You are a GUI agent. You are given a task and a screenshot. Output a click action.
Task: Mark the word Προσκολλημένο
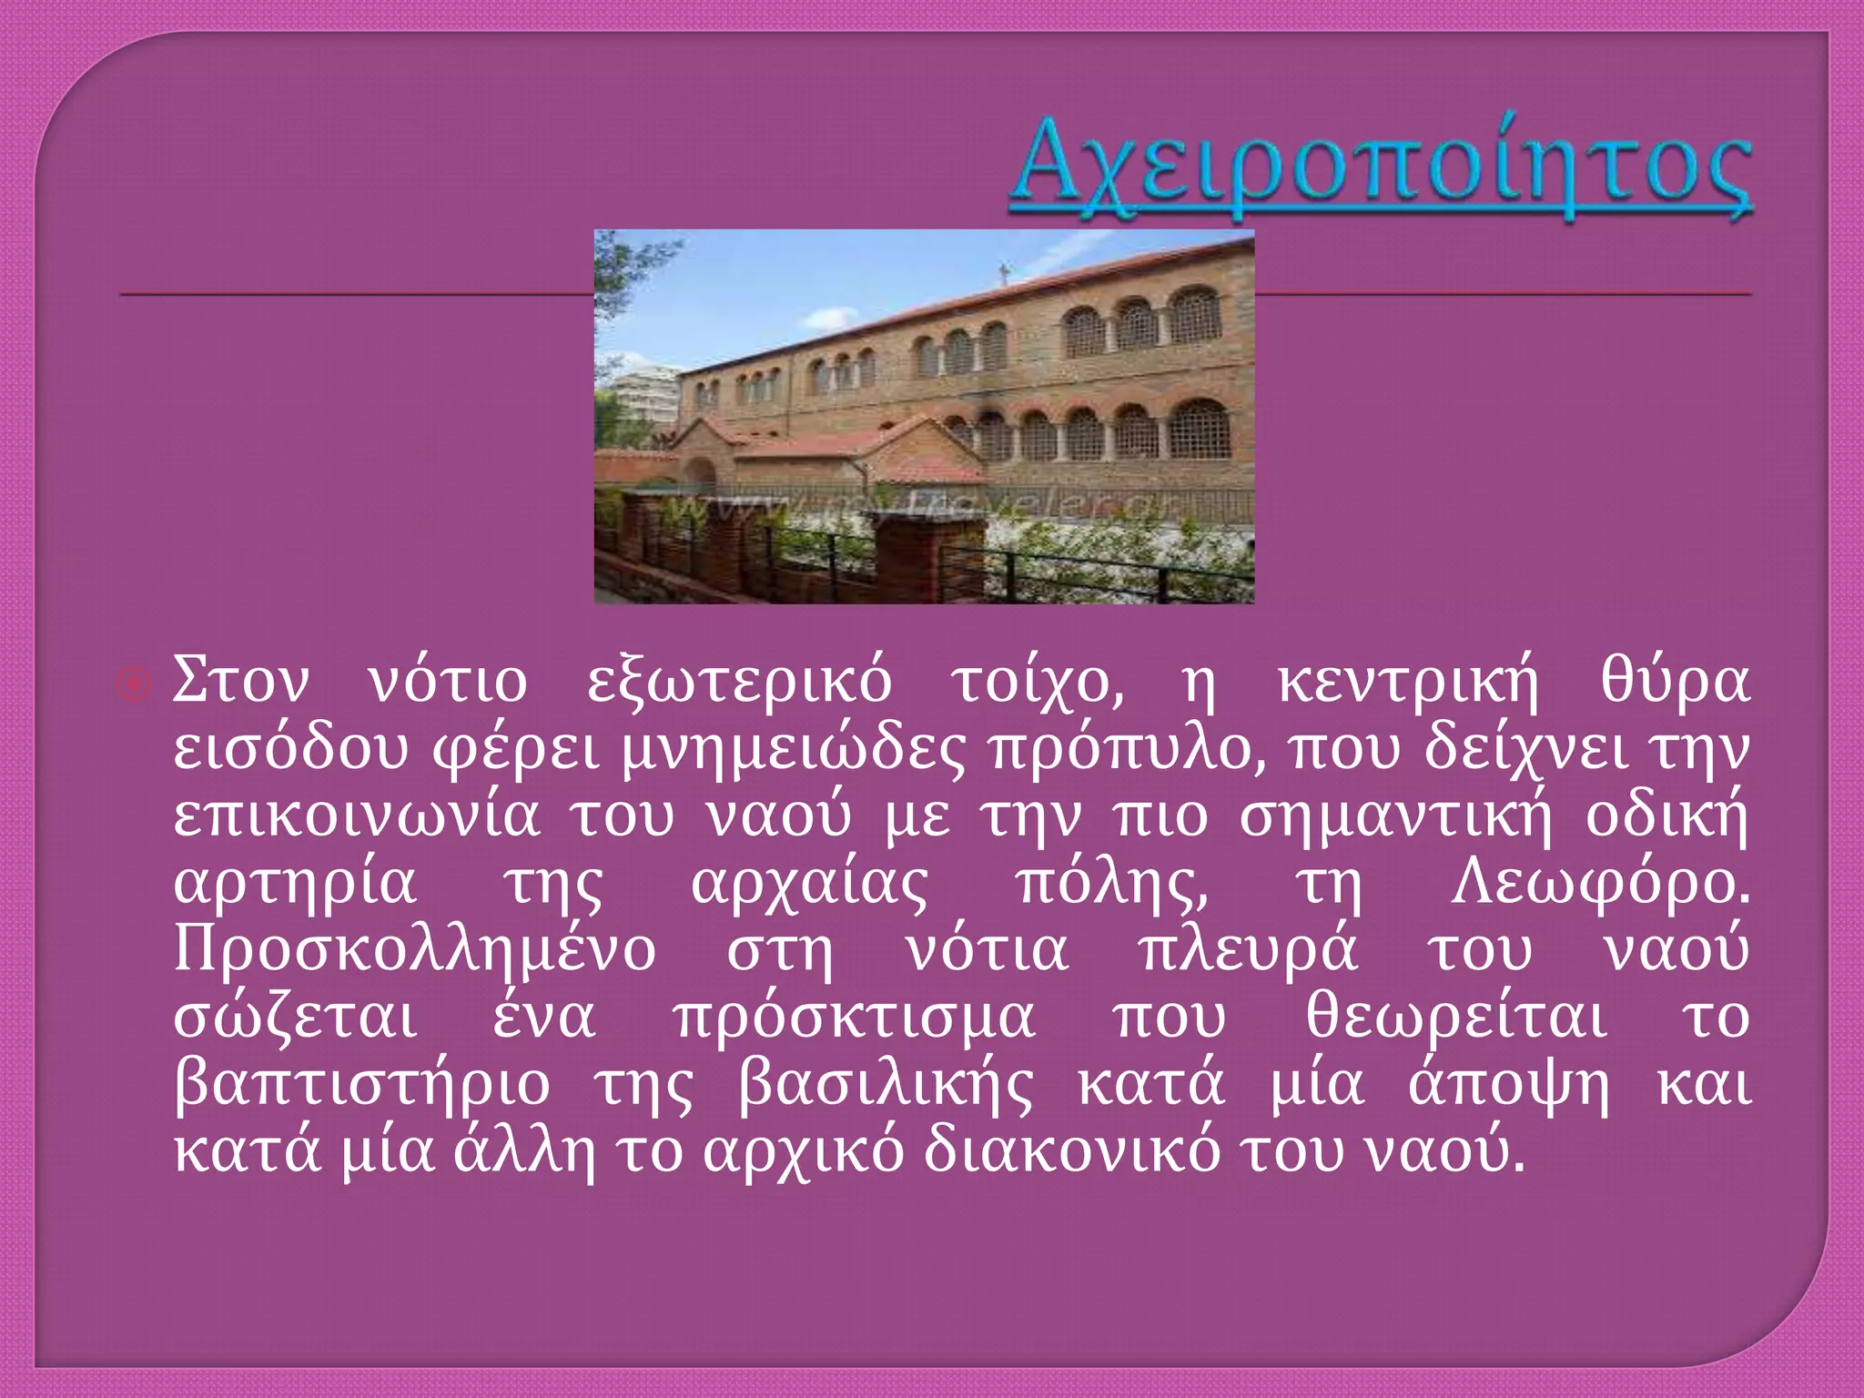pyautogui.click(x=415, y=951)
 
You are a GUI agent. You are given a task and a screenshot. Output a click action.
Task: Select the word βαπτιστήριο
pyautogui.click(x=362, y=1085)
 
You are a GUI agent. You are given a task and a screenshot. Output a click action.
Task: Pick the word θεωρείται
pyautogui.click(x=1456, y=1018)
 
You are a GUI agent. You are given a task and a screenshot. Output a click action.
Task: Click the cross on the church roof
pyautogui.click(x=1004, y=272)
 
